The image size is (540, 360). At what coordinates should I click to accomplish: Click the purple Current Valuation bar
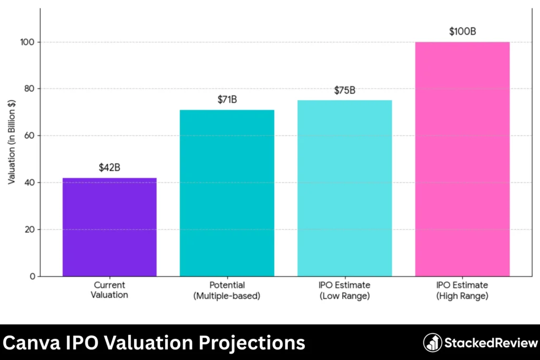tap(110, 227)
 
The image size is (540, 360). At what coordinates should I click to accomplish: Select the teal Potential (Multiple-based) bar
tap(227, 193)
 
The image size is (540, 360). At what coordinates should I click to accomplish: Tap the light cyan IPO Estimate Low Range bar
tap(344, 188)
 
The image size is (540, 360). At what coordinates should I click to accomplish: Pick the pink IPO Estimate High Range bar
tap(462, 159)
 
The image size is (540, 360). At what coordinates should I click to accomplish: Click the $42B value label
tap(110, 168)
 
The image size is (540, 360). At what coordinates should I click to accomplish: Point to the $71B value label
tap(227, 100)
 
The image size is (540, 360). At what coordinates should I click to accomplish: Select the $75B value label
tap(344, 90)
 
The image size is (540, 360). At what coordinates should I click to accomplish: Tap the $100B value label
tap(462, 32)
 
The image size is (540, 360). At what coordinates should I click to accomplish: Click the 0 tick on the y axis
tap(32, 276)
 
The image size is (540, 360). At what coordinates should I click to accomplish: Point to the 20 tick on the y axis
tap(30, 229)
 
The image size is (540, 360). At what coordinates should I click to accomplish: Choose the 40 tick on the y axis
tap(30, 182)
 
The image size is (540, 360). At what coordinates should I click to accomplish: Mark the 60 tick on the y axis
tap(30, 135)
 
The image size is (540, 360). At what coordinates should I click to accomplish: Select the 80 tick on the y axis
tap(30, 89)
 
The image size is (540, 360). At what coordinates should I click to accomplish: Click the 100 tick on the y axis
tap(28, 42)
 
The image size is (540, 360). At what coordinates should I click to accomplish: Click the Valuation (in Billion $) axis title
tap(12, 142)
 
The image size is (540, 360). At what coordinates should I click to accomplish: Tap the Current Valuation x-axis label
tap(110, 290)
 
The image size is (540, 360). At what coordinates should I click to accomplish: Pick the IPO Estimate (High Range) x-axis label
tap(462, 290)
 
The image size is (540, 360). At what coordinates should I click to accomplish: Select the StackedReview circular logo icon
tap(432, 343)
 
